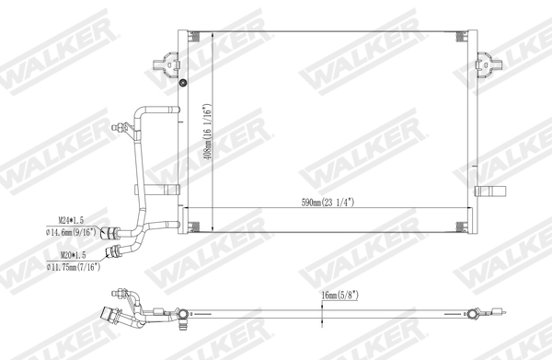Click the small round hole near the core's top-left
tap(183, 84)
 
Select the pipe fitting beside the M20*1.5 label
tap(113, 250)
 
